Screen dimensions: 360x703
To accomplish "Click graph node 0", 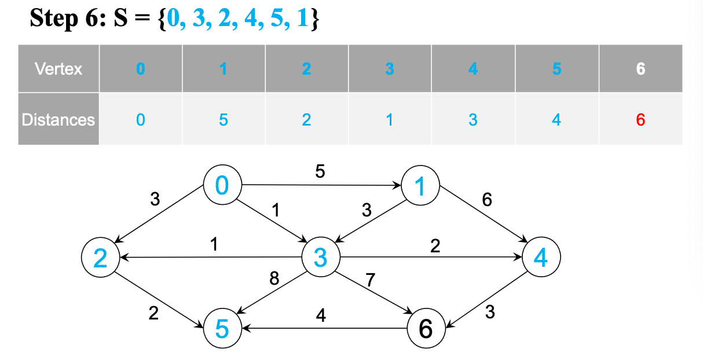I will click(x=222, y=186).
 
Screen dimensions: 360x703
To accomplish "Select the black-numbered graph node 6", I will click(x=426, y=329).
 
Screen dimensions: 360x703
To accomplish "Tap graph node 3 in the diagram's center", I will click(x=320, y=257).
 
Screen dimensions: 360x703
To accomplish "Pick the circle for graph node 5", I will click(x=222, y=329).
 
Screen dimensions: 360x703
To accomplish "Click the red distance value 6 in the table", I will click(x=640, y=120).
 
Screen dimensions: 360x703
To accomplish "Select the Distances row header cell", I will click(x=58, y=120).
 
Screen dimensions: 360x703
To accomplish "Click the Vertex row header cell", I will click(x=58, y=69).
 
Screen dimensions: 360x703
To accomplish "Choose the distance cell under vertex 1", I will click(x=224, y=120).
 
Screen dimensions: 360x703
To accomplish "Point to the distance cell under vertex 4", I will click(x=473, y=120).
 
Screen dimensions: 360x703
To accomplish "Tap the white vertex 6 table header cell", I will click(x=640, y=69).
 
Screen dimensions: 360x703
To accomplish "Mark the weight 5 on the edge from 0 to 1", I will click(x=320, y=172).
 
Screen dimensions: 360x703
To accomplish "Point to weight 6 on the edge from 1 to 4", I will click(x=486, y=200).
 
